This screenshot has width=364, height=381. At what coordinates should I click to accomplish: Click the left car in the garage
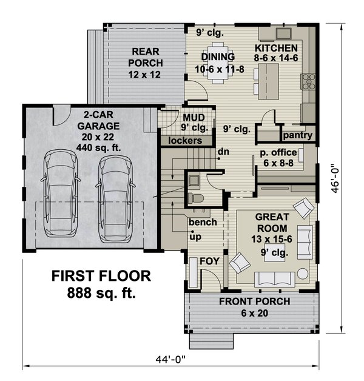[61, 193]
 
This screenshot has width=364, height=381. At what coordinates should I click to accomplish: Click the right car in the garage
[115, 199]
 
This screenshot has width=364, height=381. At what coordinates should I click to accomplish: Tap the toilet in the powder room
[195, 198]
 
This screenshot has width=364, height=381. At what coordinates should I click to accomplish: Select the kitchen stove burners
[308, 82]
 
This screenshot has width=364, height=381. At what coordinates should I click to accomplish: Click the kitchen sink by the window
[283, 33]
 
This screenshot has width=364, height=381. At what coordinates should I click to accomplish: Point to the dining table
[218, 63]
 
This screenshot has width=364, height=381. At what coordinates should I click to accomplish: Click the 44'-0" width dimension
[170, 359]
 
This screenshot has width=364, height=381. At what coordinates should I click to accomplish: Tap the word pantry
[298, 135]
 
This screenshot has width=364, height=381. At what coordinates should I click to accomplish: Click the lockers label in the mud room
[185, 140]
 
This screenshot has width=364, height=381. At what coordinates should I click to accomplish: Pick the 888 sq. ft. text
[101, 293]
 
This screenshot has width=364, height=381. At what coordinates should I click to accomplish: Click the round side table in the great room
[303, 274]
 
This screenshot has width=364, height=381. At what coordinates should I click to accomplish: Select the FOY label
[209, 261]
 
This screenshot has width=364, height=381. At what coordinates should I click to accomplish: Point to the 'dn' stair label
[223, 152]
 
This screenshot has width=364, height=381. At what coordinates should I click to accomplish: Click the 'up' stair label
[195, 237]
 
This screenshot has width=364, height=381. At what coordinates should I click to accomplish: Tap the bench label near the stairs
[203, 222]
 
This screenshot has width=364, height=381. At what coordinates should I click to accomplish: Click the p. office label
[278, 153]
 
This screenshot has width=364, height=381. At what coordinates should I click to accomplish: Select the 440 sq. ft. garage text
[98, 148]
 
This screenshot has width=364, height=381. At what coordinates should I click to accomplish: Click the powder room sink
[194, 181]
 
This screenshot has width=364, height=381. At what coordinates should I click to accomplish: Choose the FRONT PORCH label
[255, 302]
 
